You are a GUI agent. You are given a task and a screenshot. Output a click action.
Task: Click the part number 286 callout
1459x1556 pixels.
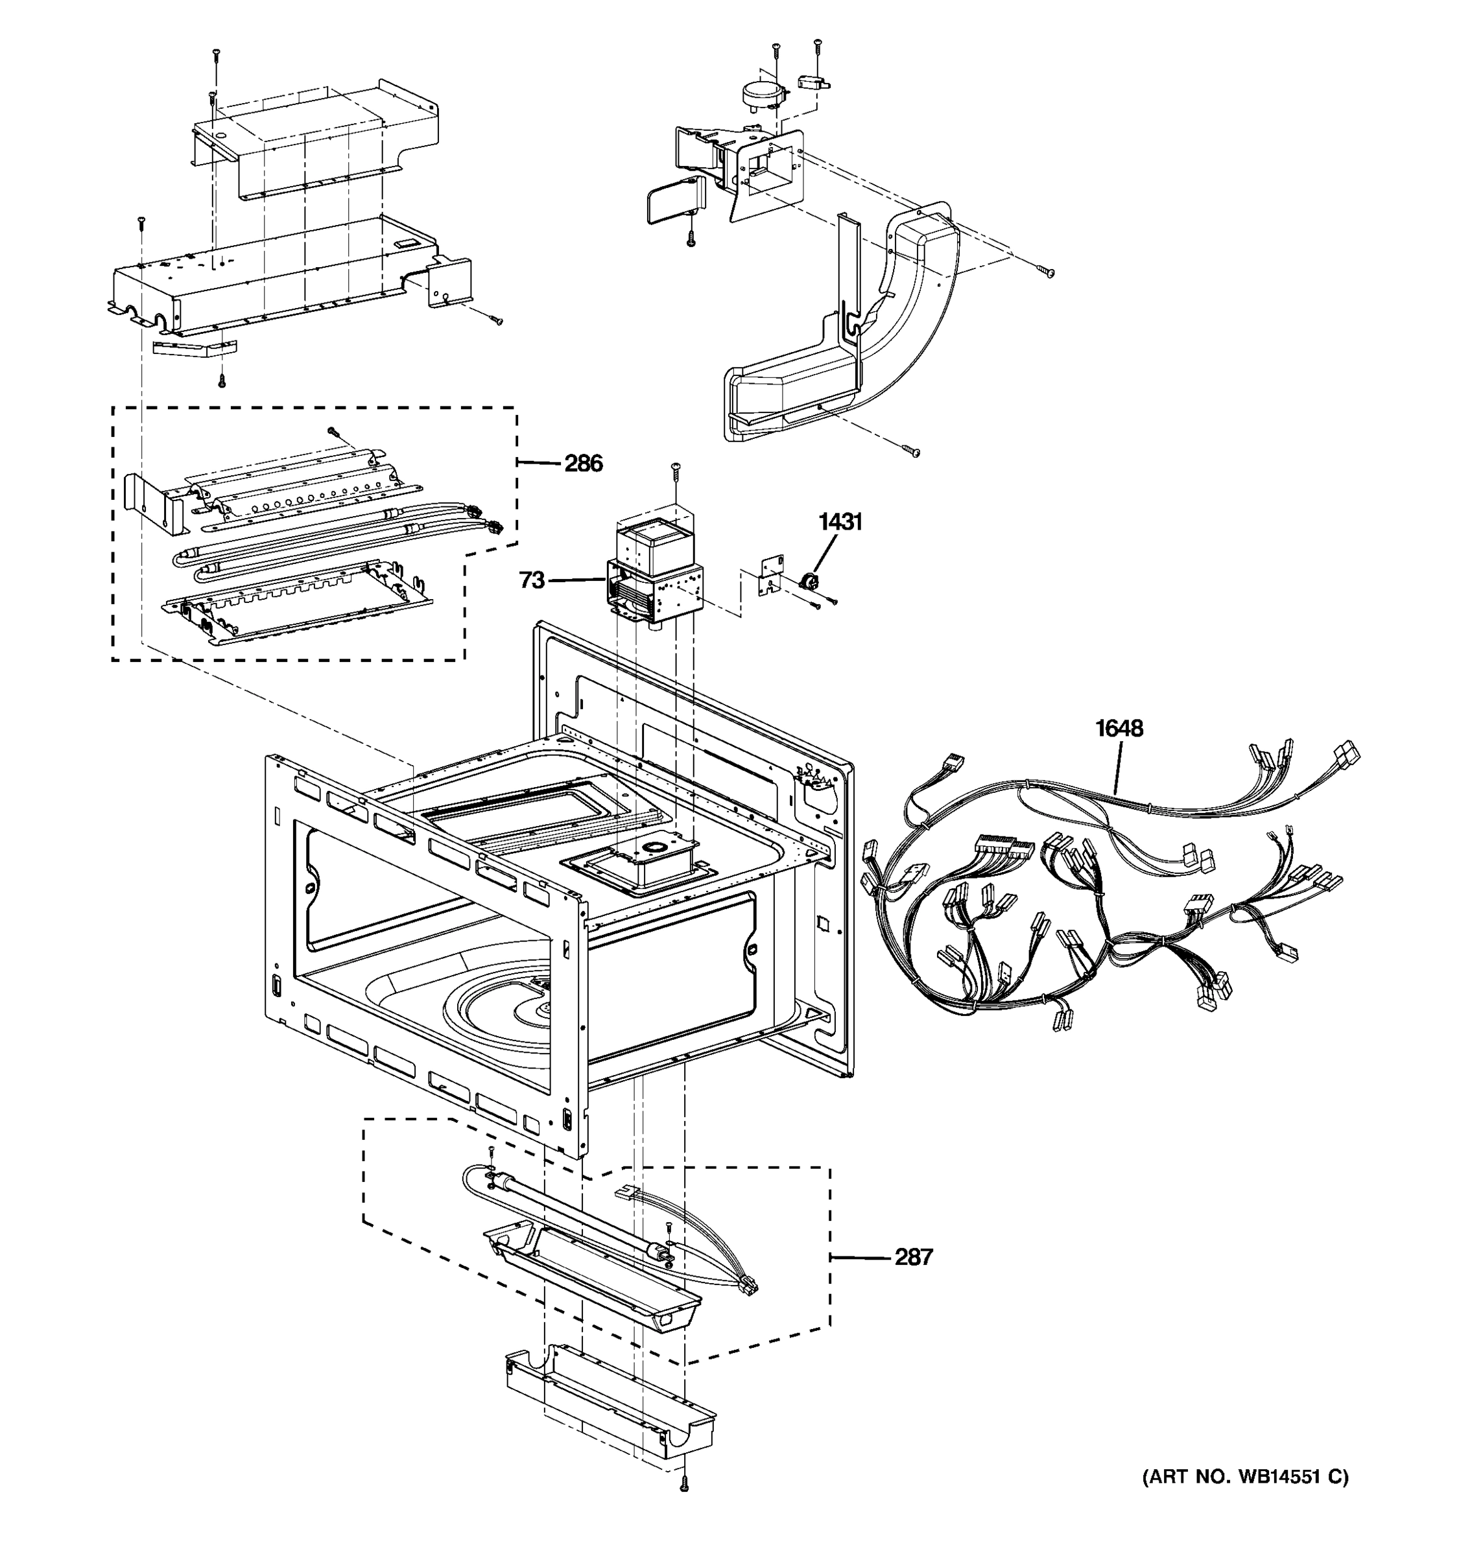[583, 464]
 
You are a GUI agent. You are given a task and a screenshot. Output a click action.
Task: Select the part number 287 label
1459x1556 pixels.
[914, 1279]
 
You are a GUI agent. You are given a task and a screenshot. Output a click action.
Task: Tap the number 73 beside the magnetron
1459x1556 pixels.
[532, 580]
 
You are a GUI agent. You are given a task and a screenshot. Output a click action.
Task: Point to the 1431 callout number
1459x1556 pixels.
[840, 522]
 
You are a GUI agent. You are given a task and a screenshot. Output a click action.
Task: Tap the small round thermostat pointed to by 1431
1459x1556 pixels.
[805, 582]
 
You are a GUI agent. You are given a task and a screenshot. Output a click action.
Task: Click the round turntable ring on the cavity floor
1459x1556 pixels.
[501, 1009]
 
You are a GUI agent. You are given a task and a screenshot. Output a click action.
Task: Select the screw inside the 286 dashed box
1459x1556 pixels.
[332, 430]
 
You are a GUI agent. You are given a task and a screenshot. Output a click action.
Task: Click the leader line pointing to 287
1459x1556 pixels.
[860, 1279]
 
